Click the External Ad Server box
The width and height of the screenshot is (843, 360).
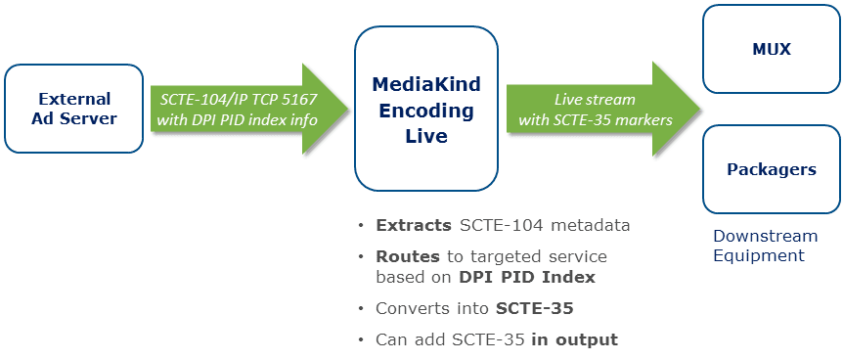[x=73, y=109]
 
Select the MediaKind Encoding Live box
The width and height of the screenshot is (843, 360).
[x=425, y=109]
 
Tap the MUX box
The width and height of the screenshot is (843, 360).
[x=771, y=49]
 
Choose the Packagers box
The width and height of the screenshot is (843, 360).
[x=771, y=169]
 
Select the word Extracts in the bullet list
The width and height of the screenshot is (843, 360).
[x=414, y=225]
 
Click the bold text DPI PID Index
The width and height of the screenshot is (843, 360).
[x=527, y=277]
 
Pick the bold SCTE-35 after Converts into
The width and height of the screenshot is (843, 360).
[x=534, y=309]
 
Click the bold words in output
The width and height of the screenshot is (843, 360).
[x=575, y=340]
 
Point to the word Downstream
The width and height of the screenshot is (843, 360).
[x=765, y=236]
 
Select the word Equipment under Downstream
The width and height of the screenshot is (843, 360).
[x=759, y=255]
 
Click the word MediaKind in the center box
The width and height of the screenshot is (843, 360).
[x=426, y=84]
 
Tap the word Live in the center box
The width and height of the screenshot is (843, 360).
[x=426, y=136]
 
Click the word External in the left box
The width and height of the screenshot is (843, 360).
[x=74, y=99]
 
